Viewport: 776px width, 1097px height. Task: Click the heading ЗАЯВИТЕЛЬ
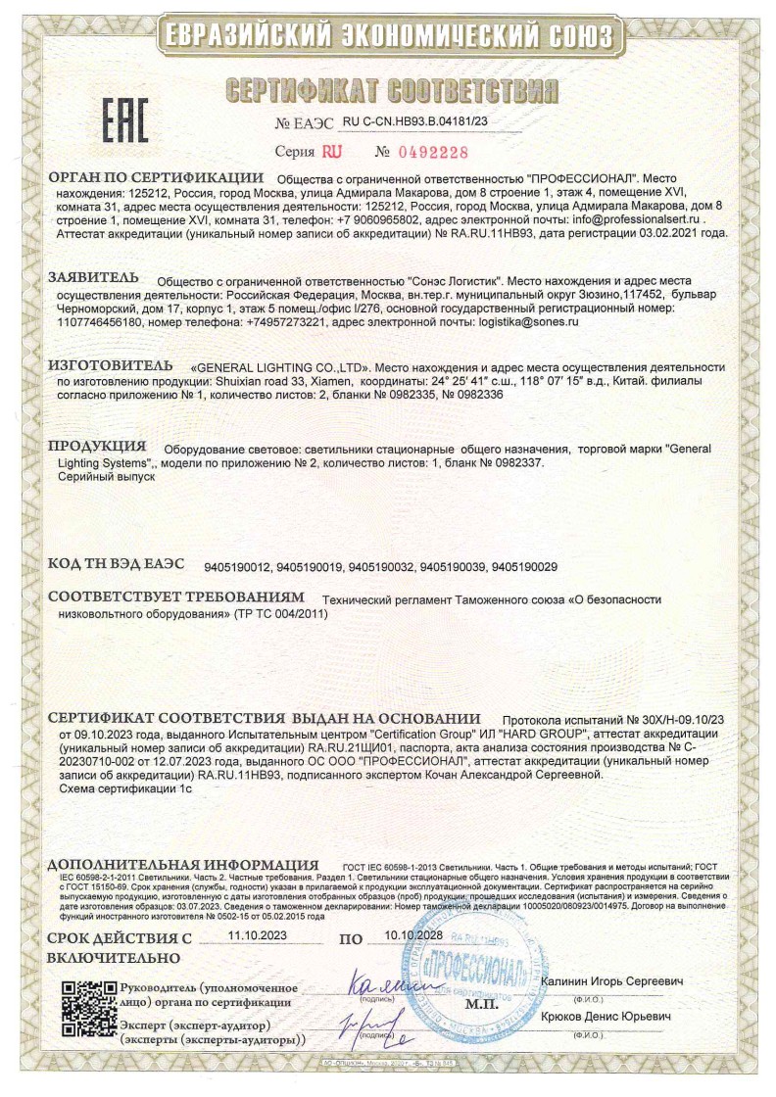pyautogui.click(x=93, y=277)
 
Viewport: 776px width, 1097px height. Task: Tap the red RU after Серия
pyautogui.click(x=332, y=153)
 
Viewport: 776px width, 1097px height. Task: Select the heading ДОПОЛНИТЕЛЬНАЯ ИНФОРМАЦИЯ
pyautogui.click(x=183, y=865)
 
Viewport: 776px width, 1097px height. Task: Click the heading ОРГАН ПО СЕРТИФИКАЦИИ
pyautogui.click(x=157, y=178)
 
